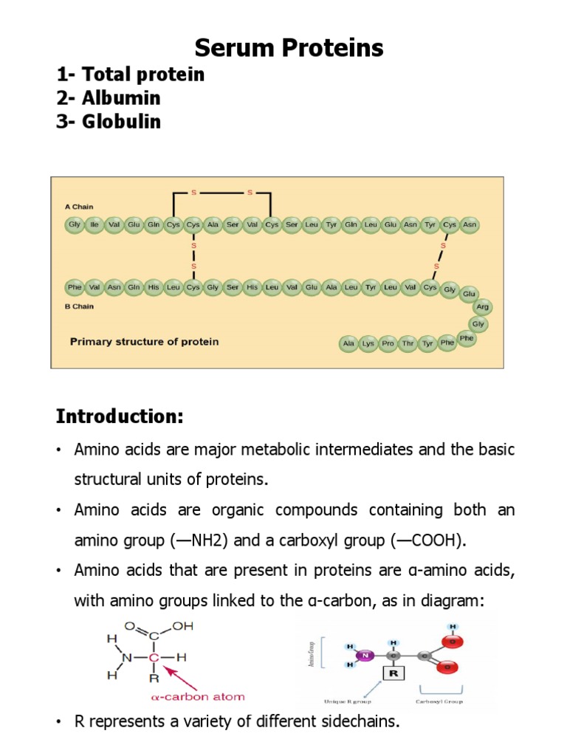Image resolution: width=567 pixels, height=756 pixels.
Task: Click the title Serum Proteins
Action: click(289, 49)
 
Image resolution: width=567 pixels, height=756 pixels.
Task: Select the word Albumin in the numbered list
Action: click(121, 98)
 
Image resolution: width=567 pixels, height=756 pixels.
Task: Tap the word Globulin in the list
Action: click(121, 122)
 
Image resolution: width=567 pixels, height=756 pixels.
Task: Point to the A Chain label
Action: click(80, 207)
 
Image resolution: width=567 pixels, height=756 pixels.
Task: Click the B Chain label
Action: click(80, 306)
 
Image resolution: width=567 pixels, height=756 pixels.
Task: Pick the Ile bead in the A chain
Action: click(94, 224)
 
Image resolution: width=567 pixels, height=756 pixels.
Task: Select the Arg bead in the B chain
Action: click(482, 306)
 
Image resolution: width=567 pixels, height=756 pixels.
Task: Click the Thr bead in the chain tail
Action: click(408, 344)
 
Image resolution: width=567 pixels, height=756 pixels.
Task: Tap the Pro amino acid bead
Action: click(388, 344)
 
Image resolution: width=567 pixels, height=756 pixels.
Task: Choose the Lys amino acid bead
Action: click(368, 344)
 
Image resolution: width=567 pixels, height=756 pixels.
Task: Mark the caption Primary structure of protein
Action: click(144, 342)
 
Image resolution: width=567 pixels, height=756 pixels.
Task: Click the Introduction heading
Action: click(120, 416)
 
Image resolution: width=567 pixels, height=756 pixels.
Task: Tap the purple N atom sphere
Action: click(363, 654)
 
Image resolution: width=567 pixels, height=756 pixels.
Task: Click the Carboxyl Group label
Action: click(439, 701)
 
